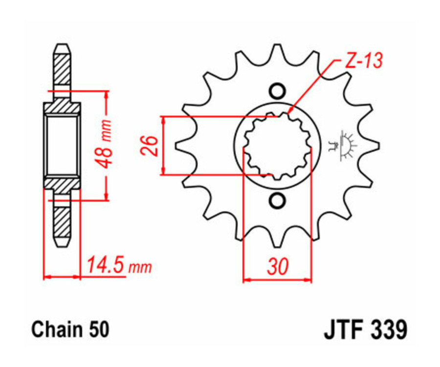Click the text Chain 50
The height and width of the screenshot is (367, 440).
70,329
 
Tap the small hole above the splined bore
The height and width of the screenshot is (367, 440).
277,91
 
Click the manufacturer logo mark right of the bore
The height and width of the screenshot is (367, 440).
347,145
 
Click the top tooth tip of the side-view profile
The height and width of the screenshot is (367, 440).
62,48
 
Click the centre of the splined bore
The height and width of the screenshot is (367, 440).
277,145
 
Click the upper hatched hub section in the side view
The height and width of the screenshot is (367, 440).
62,107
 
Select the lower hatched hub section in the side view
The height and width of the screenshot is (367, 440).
62,184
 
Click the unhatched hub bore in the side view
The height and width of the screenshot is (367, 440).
62,145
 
